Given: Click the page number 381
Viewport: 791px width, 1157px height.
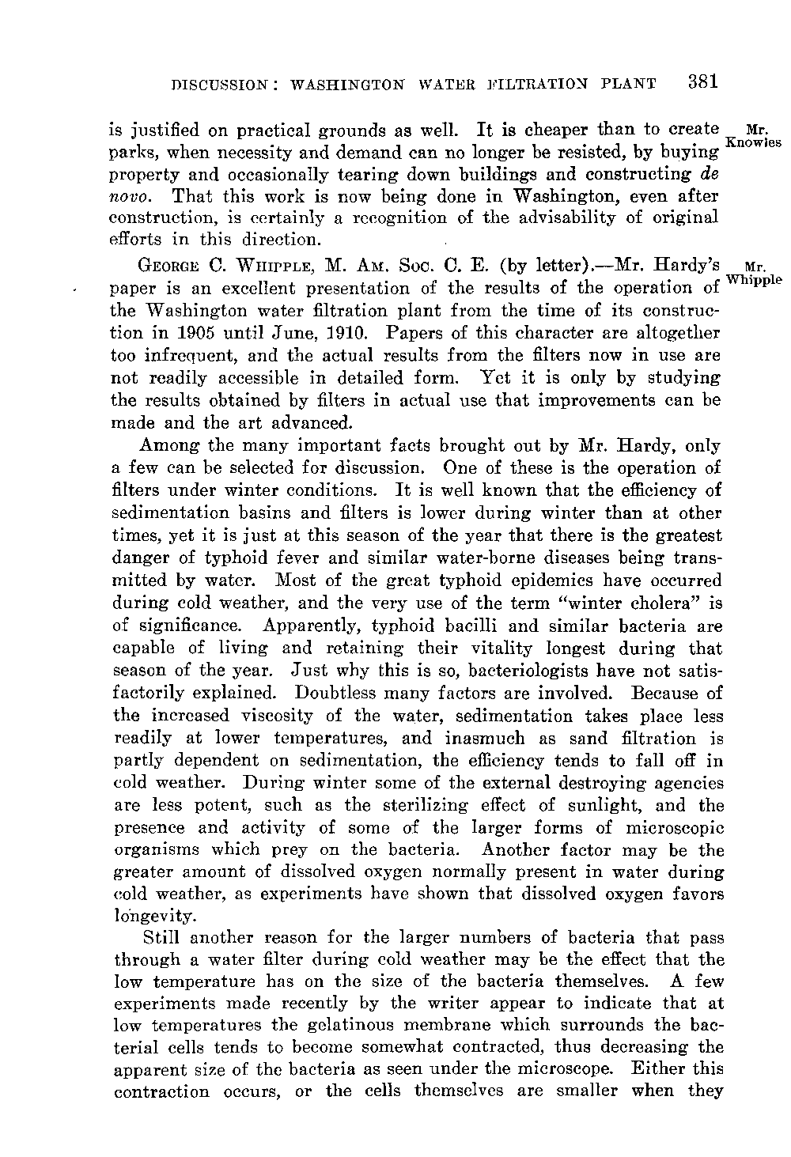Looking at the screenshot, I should coord(702,81).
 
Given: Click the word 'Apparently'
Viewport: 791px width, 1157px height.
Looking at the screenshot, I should coord(307,626).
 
